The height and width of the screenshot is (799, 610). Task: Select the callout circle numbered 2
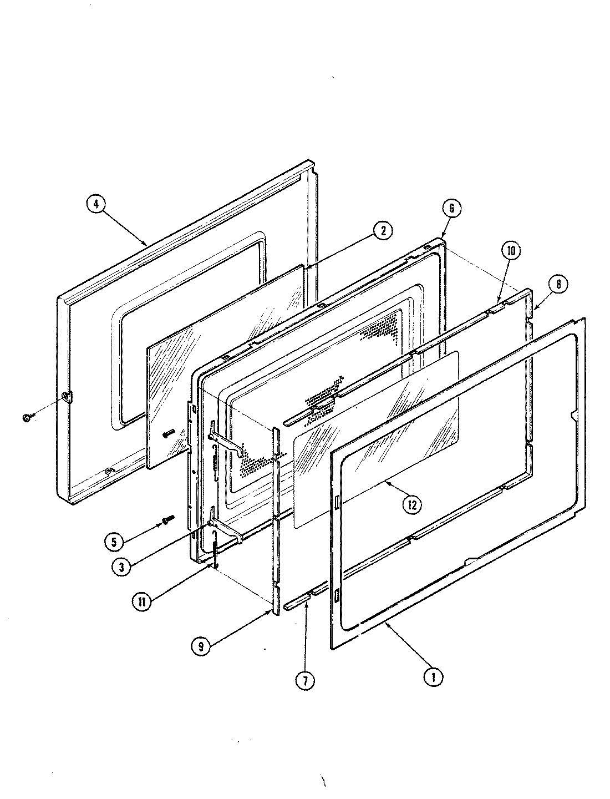[x=382, y=230]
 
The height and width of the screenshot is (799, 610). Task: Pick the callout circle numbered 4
[x=96, y=204]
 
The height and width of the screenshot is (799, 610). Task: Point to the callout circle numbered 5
[x=113, y=542]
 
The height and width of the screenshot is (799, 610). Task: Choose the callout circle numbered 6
[x=451, y=208]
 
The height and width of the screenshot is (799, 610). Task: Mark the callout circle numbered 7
[x=304, y=680]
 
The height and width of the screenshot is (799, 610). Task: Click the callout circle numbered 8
[x=558, y=284]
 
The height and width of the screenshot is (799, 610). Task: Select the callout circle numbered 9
[x=200, y=645]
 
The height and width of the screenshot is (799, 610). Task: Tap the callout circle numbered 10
[x=511, y=251]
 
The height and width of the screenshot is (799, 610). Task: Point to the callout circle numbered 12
[x=411, y=504]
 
